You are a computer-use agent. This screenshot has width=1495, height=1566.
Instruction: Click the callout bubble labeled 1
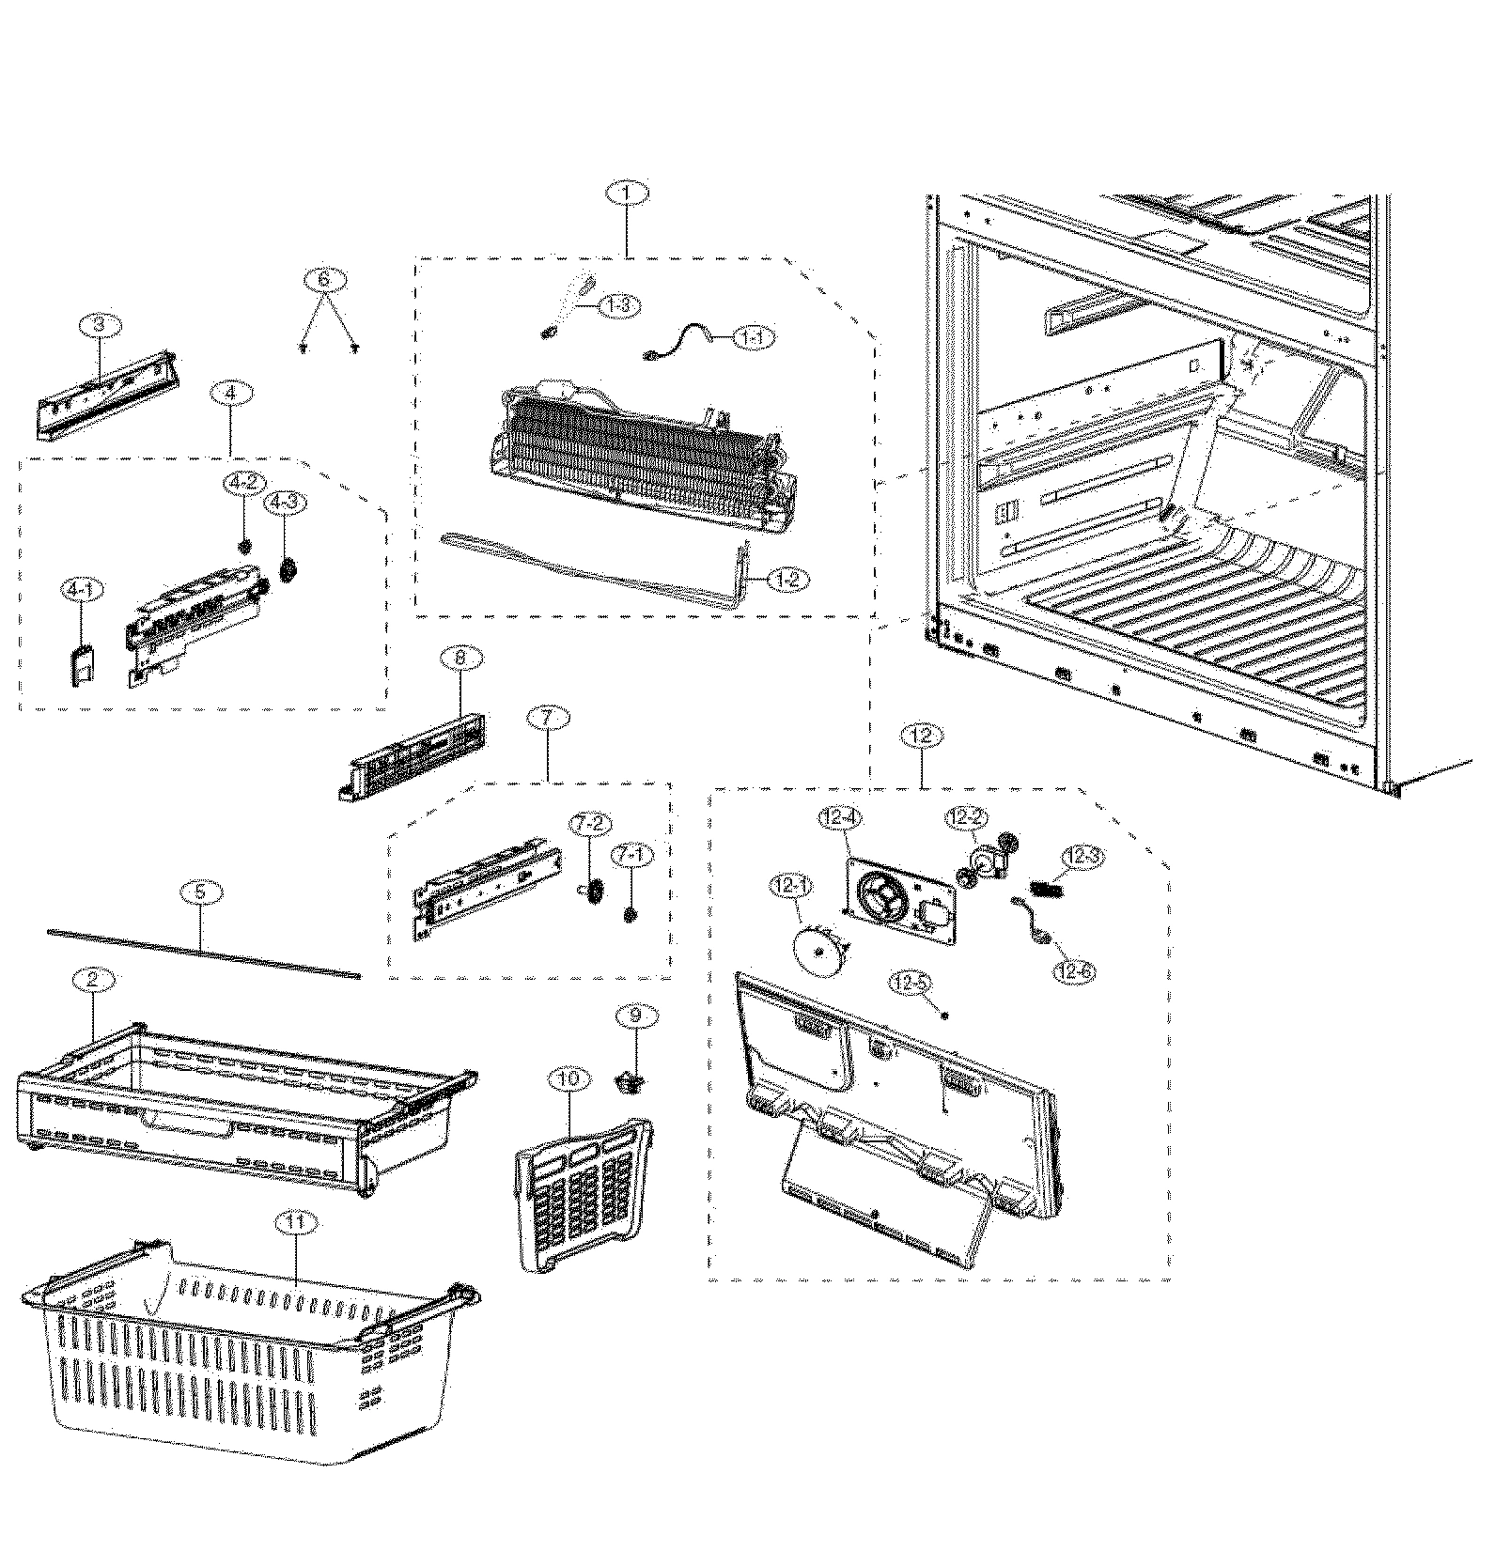pyautogui.click(x=629, y=194)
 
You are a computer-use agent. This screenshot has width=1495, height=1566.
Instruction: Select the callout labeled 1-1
pyautogui.click(x=753, y=337)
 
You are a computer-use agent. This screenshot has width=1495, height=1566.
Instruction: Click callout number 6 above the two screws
pyautogui.click(x=324, y=280)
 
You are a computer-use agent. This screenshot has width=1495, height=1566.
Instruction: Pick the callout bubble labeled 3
pyautogui.click(x=101, y=325)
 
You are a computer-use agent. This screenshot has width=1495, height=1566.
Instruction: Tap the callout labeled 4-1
pyautogui.click(x=83, y=590)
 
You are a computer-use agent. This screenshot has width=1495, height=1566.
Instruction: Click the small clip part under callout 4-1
pyautogui.click(x=84, y=669)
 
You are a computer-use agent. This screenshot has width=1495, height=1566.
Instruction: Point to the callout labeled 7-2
pyautogui.click(x=591, y=824)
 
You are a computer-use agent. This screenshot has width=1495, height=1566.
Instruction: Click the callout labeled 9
pyautogui.click(x=635, y=1015)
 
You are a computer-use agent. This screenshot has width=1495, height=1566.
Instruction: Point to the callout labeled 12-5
pyautogui.click(x=911, y=984)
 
